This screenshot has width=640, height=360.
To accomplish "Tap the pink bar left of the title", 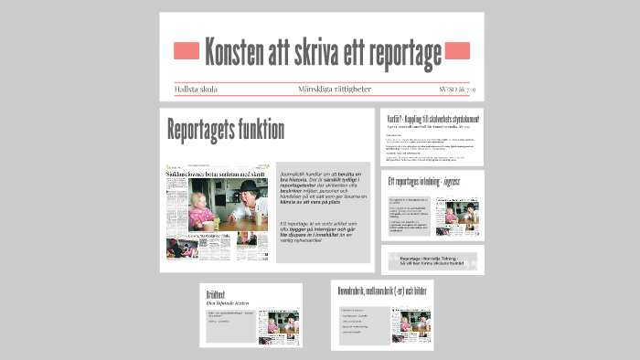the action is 186,50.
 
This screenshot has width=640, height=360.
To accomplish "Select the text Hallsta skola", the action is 199,90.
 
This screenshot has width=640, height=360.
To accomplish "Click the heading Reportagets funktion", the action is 225,130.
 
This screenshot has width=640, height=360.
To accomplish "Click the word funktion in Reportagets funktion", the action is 261,130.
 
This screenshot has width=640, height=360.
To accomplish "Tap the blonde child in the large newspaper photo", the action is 200,208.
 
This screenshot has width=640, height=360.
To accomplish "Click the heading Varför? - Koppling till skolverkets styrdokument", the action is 433,120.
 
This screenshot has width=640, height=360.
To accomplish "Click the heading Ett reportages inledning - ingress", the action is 426,181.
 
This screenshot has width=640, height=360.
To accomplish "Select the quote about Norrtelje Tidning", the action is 433,259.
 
